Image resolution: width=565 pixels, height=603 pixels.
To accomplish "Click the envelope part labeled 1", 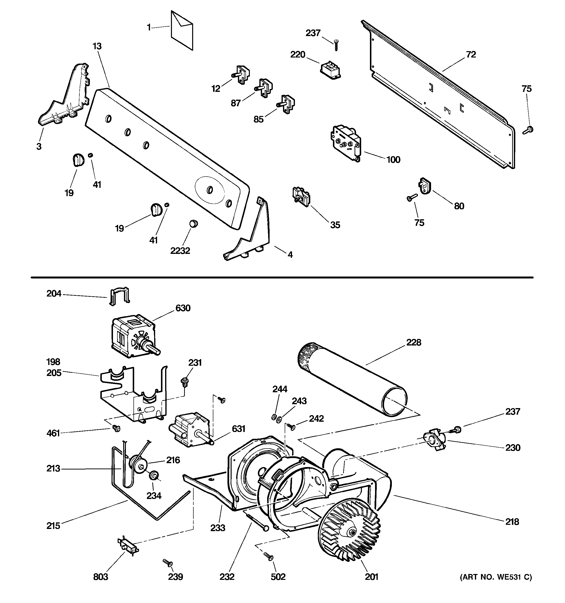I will click(x=181, y=31).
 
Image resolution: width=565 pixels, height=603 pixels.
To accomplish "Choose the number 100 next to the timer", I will click(x=393, y=160).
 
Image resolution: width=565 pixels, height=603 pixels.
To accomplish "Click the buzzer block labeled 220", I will click(x=330, y=71).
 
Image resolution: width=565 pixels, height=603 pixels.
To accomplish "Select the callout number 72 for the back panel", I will click(x=471, y=55).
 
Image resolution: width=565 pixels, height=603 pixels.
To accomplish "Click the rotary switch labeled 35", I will click(x=301, y=197).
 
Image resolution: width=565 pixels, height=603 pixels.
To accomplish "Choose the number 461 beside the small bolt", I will click(x=53, y=433).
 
